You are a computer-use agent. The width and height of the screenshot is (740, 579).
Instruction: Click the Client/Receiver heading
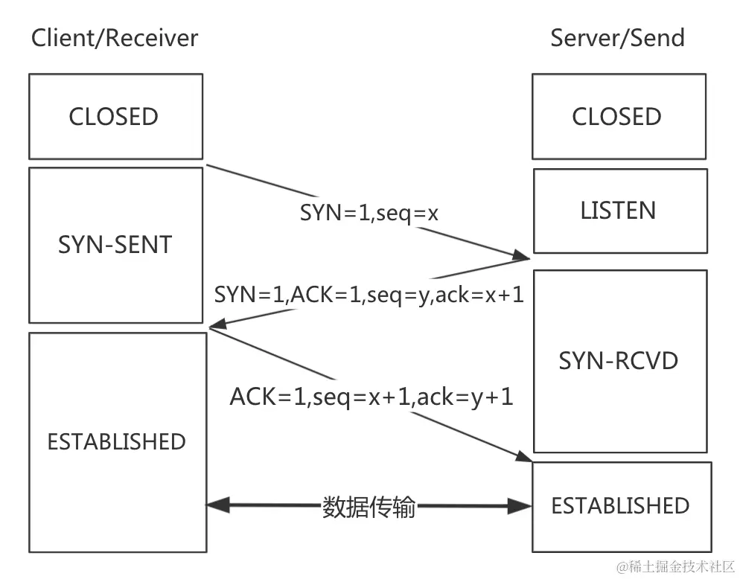click(x=115, y=38)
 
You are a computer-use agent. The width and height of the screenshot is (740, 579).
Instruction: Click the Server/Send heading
click(x=617, y=38)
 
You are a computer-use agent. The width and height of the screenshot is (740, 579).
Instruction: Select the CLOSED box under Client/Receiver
click(x=115, y=117)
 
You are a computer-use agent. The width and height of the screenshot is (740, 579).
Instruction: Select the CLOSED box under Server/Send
click(x=617, y=117)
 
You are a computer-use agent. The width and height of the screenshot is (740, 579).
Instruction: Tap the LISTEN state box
click(x=619, y=211)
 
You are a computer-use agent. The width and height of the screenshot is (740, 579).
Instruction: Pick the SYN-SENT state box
click(x=115, y=244)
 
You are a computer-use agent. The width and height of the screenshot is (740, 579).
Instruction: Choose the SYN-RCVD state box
click(x=619, y=361)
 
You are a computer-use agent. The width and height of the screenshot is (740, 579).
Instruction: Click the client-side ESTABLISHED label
click(x=116, y=441)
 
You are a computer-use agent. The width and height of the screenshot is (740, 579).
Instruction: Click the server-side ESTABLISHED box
click(x=620, y=506)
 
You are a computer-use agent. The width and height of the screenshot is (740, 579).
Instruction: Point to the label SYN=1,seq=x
click(x=369, y=214)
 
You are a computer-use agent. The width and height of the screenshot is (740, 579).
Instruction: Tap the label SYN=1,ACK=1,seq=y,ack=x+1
click(x=369, y=295)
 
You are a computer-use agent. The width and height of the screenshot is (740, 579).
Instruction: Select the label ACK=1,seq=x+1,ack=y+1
click(x=371, y=397)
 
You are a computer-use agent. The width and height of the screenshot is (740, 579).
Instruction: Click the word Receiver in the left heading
click(x=154, y=38)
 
